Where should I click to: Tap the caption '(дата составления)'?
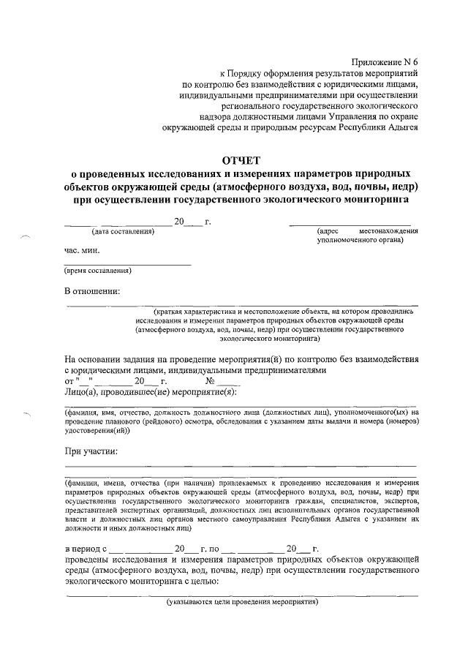(x=123, y=232)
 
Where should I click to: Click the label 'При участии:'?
(x=91, y=451)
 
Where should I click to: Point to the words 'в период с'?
(x=86, y=549)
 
